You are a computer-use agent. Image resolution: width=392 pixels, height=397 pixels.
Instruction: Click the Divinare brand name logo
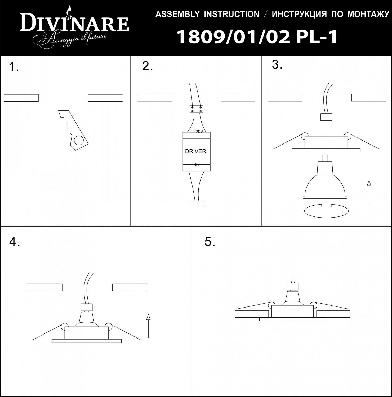tap(74, 24)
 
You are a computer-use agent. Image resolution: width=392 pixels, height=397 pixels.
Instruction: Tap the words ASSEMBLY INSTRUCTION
tap(207, 14)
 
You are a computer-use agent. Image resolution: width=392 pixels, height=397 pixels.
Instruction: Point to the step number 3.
tap(277, 65)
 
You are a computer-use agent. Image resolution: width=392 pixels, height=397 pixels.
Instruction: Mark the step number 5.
tap(210, 242)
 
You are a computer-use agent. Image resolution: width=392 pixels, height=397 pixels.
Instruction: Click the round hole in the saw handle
tap(79, 140)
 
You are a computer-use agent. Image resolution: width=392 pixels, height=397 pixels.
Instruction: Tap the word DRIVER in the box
tap(195, 151)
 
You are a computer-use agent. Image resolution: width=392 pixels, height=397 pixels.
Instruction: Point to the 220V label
tap(198, 132)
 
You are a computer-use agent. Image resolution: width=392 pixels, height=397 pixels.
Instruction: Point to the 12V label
tap(197, 165)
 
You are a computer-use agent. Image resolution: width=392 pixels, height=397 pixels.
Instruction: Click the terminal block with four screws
tap(197, 109)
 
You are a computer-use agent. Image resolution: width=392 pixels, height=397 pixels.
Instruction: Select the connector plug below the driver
tap(197, 204)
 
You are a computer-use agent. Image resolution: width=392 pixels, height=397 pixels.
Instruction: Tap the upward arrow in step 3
tap(369, 192)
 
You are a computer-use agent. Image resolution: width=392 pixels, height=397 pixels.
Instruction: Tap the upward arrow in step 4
tap(148, 326)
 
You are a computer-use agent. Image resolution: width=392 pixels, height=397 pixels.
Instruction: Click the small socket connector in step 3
tap(326, 117)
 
